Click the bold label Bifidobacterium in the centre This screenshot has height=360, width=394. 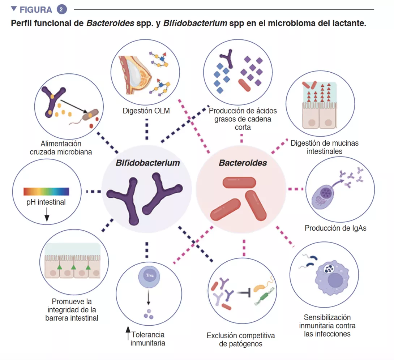(x=147, y=163)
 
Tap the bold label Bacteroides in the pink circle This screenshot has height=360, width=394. (x=243, y=163)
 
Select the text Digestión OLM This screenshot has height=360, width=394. (x=146, y=111)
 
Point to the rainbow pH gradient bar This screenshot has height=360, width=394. (x=46, y=192)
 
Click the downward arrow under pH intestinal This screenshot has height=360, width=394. (x=47, y=216)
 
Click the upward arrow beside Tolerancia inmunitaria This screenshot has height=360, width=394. (x=127, y=334)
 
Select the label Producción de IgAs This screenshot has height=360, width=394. (x=335, y=228)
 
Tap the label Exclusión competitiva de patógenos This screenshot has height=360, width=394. (x=241, y=339)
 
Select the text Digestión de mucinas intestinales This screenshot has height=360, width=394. (x=324, y=147)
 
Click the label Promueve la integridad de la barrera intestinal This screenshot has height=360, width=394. (x=72, y=309)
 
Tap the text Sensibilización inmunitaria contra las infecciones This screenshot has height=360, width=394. (x=327, y=325)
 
